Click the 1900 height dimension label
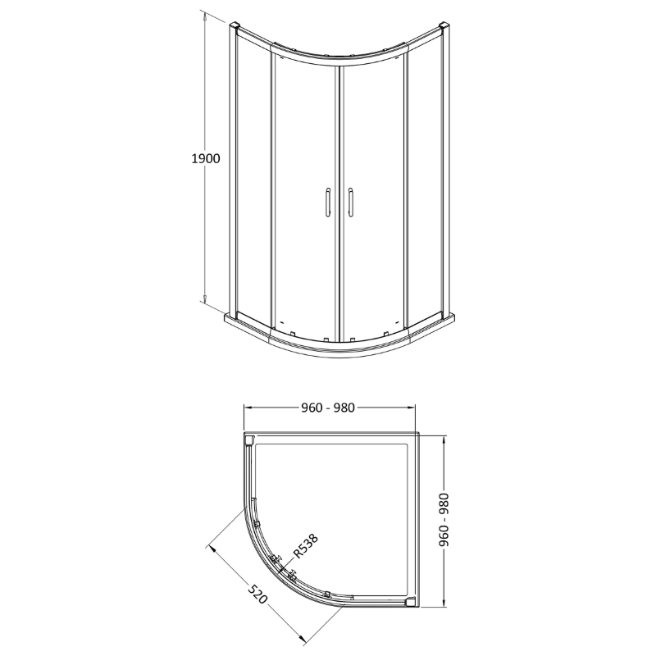click(206, 159)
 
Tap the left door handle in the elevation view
click(326, 201)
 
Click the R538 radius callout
click(304, 547)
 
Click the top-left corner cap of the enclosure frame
click(235, 27)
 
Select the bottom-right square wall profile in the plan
click(411, 603)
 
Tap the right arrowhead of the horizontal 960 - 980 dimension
click(417, 408)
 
